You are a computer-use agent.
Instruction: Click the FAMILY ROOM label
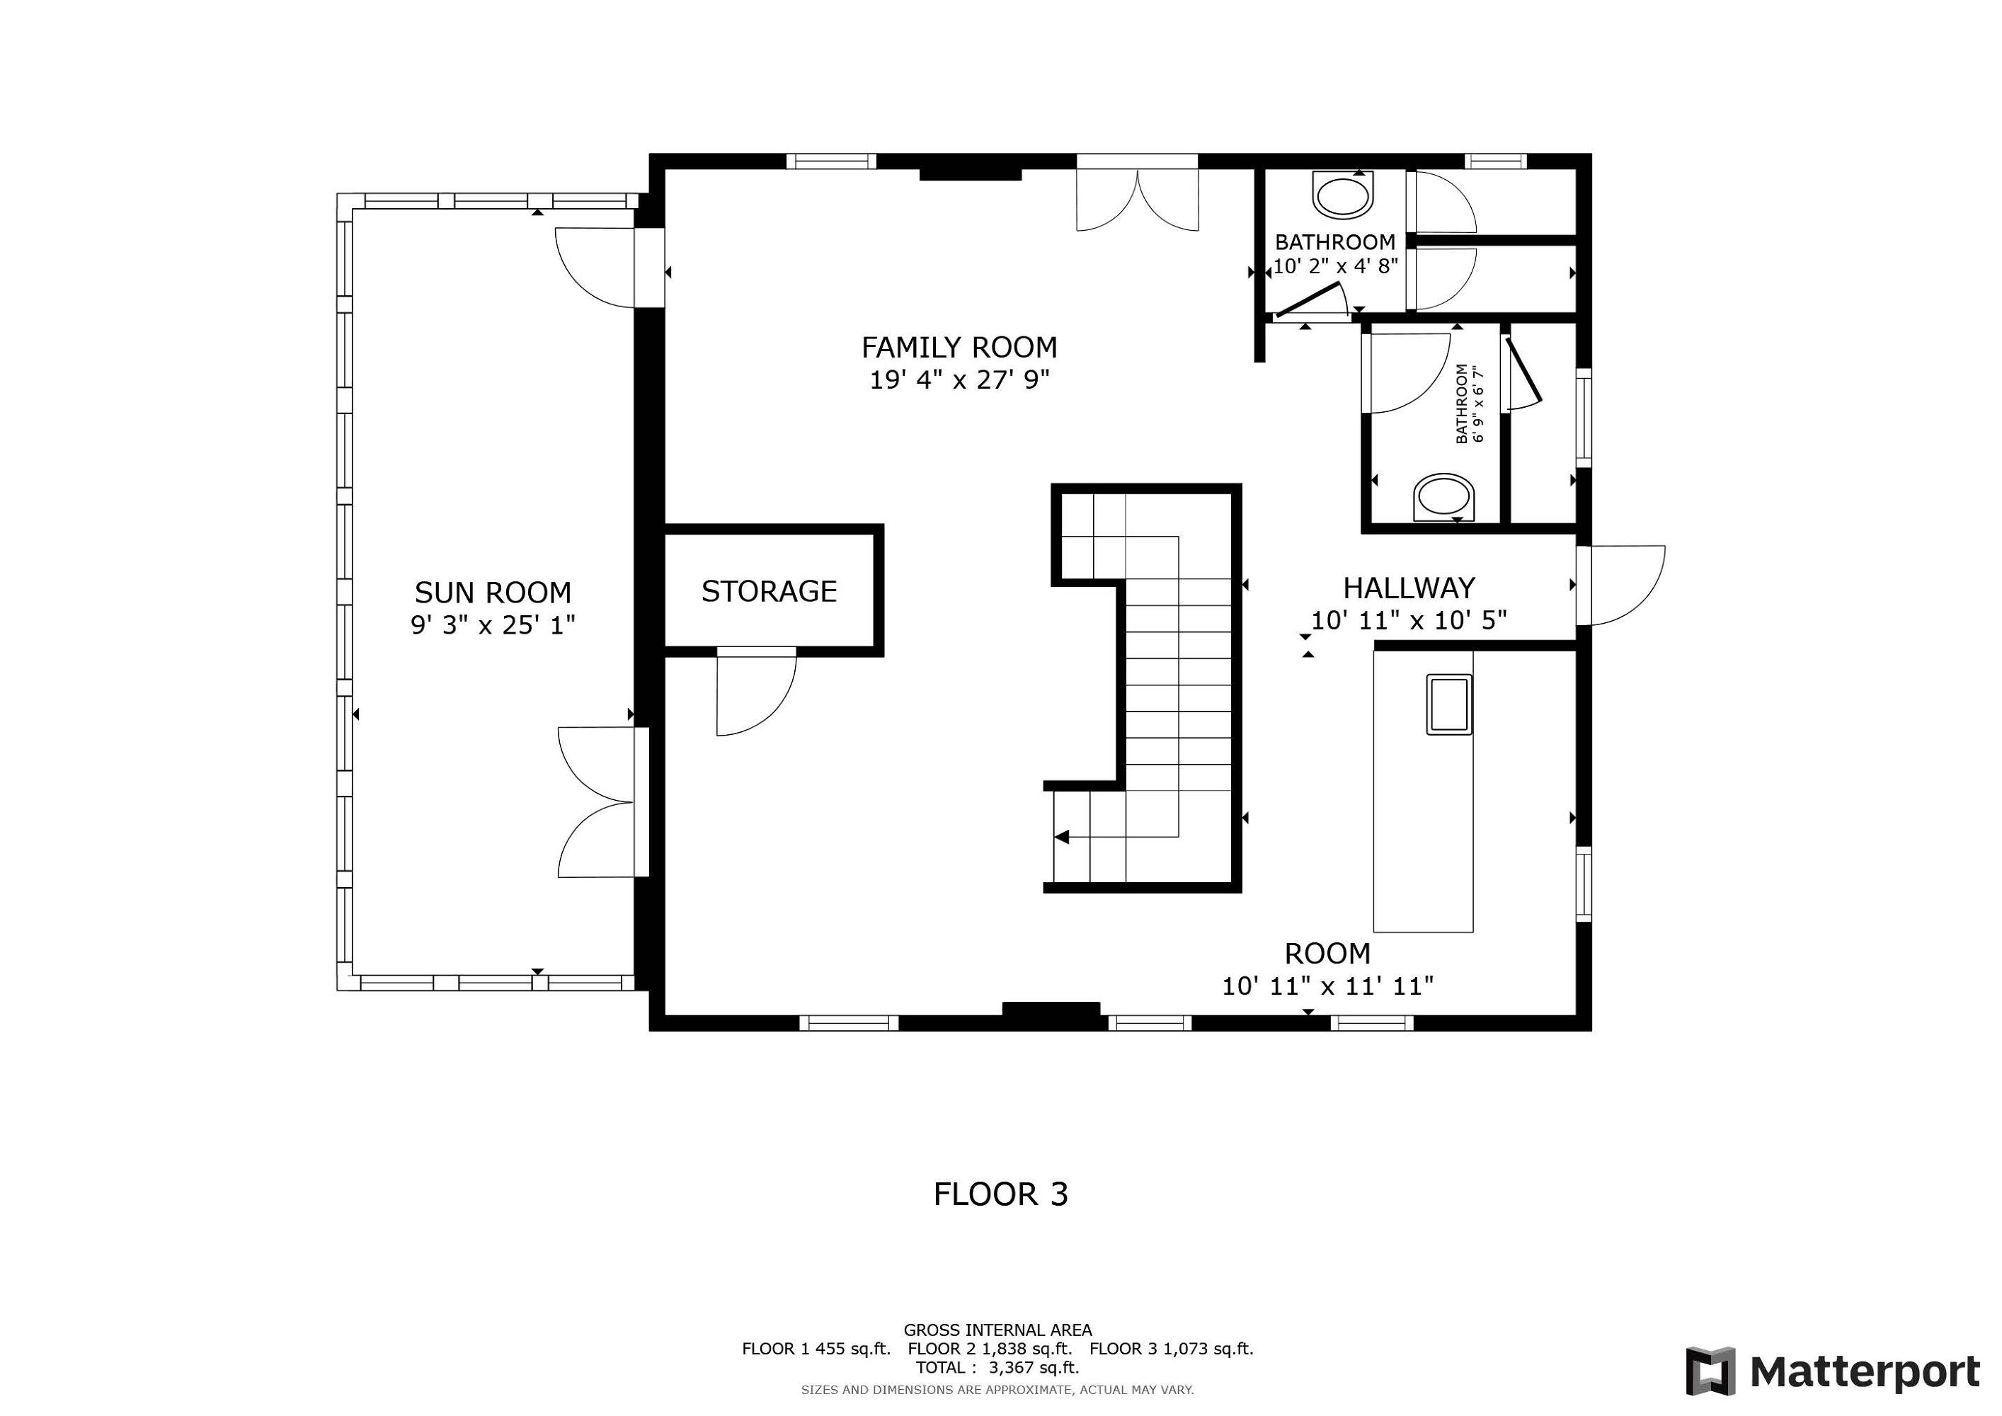point(959,348)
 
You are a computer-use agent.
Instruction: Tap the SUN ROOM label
point(493,593)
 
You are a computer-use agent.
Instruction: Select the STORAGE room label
point(769,591)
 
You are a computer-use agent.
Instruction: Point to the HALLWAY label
point(1409,588)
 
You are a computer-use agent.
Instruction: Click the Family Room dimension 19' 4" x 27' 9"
point(959,380)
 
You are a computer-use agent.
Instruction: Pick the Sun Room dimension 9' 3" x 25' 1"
point(493,625)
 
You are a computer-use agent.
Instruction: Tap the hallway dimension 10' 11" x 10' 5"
point(1409,620)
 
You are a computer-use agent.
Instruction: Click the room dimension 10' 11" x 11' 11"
point(1327,986)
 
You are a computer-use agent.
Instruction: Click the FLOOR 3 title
point(1001,1194)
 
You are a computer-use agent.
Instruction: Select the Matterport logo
point(1833,1371)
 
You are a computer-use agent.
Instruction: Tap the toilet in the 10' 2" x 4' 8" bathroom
point(1343,195)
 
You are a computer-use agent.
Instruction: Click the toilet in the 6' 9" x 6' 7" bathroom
point(1444,498)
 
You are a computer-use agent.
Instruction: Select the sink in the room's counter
point(1449,704)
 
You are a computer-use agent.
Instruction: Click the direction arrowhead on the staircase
point(1061,837)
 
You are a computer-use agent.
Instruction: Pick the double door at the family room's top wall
point(1138,200)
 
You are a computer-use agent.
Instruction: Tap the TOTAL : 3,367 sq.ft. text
point(997,1368)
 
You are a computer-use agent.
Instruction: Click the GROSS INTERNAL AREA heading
point(997,1330)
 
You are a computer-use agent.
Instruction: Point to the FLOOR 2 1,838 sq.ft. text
point(990,1349)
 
